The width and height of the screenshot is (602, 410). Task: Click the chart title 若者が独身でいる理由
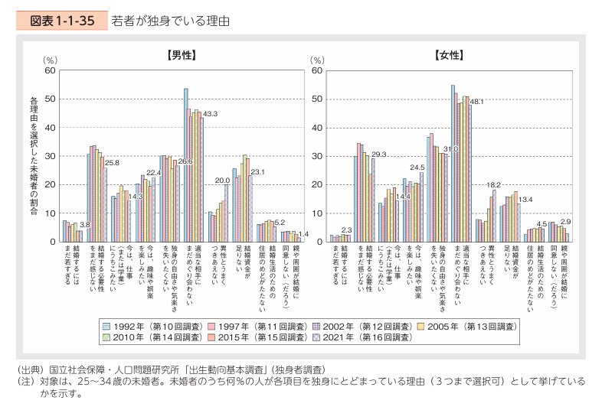(x=170, y=21)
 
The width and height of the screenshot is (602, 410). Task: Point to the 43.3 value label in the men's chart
(x=210, y=113)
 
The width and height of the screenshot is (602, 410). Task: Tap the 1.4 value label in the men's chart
(x=303, y=233)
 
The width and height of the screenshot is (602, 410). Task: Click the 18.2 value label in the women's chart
(x=494, y=185)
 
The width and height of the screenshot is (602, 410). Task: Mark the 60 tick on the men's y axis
(x=50, y=70)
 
